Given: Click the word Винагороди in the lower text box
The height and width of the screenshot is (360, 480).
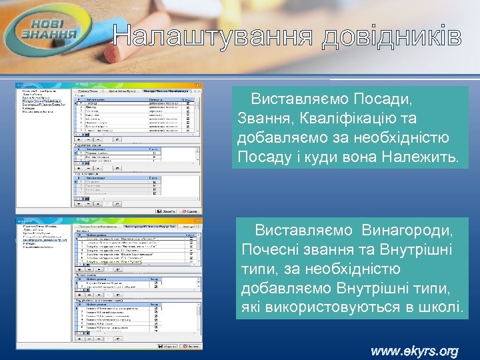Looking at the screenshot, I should pyautogui.click(x=407, y=230).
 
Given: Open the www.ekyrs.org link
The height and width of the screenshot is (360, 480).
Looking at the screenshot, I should pyautogui.click(x=414, y=351).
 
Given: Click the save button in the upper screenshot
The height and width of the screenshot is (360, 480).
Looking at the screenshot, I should pyautogui.click(x=165, y=211).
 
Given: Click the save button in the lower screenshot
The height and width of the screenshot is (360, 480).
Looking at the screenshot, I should pyautogui.click(x=167, y=346).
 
